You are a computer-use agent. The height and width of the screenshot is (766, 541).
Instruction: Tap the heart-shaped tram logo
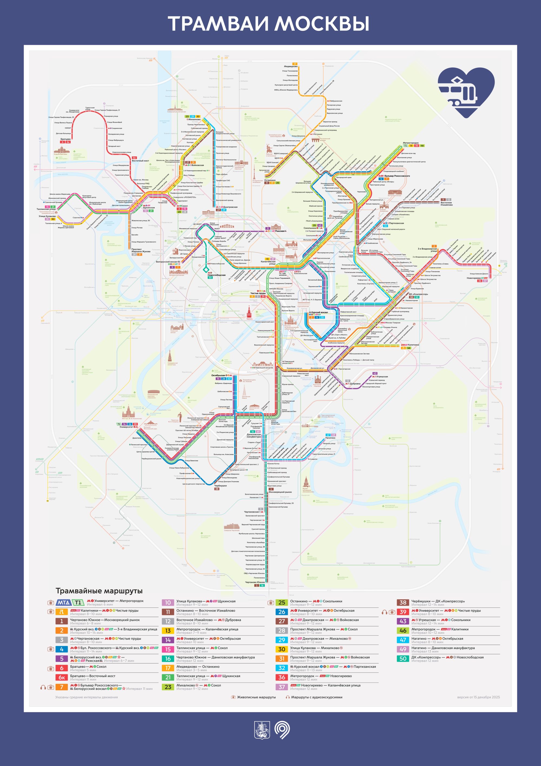[x=466, y=92]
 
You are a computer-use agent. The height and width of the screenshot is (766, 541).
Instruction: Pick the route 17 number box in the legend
[x=168, y=668]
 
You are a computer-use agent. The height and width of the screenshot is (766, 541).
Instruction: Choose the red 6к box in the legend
[x=62, y=677]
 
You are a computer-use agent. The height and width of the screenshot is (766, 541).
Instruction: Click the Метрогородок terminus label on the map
[x=411, y=143]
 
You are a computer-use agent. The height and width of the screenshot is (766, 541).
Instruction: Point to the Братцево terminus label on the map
[x=65, y=139]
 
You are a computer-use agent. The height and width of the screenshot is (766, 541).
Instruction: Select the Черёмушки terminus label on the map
[x=220, y=486]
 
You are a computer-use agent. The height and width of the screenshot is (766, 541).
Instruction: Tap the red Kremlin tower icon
[x=249, y=312]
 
